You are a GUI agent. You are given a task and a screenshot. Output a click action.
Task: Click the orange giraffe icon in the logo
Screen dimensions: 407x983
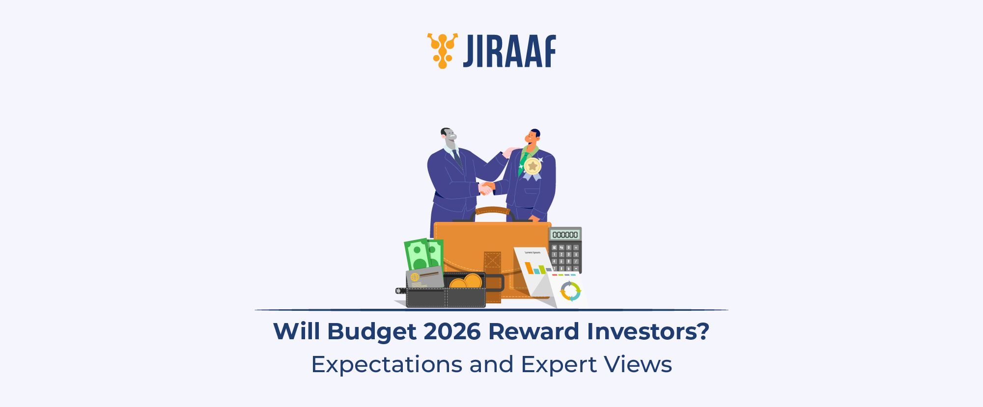click(442, 51)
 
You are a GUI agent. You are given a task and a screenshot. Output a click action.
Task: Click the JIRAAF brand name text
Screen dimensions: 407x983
click(509, 51)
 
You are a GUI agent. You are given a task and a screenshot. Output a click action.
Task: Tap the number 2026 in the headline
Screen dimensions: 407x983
click(451, 331)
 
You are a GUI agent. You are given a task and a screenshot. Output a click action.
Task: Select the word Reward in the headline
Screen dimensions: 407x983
click(534, 331)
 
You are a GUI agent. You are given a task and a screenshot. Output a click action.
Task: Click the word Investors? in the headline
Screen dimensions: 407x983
click(648, 331)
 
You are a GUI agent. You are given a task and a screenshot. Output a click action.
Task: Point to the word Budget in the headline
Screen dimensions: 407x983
click(372, 332)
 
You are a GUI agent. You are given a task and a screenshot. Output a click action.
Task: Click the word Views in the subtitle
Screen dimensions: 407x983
click(638, 364)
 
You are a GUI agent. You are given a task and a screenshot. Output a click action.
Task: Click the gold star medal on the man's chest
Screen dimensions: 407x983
click(532, 166)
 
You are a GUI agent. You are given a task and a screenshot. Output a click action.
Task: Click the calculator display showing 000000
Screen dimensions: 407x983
click(565, 235)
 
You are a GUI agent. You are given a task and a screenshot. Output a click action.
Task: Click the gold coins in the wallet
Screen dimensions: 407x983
click(466, 282)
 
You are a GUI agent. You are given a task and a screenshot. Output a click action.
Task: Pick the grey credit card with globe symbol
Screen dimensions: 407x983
click(424, 278)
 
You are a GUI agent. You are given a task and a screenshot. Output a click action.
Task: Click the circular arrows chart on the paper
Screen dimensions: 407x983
click(570, 291)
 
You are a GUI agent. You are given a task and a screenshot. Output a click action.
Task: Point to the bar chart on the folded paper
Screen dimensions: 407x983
click(534, 269)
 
